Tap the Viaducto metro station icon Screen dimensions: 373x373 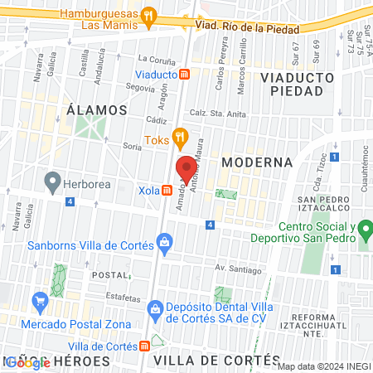[186, 74]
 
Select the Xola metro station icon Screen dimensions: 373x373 [168, 190]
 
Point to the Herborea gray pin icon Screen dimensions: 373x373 [53, 180]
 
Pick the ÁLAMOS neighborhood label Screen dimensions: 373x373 [97, 109]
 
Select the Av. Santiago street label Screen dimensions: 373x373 [238, 269]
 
